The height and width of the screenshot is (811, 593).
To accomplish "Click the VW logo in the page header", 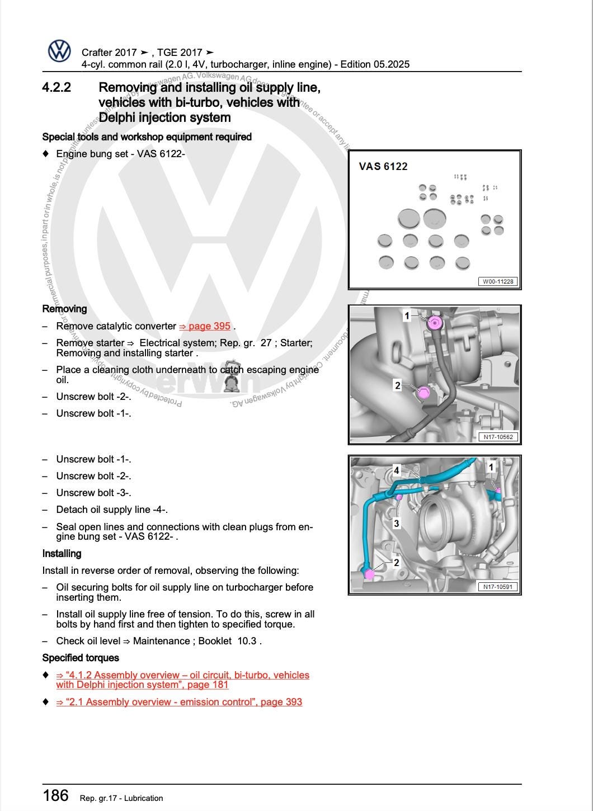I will tap(59, 51).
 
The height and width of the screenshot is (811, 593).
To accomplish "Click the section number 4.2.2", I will tap(57, 88).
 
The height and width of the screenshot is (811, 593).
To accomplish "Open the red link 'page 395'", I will tap(205, 326).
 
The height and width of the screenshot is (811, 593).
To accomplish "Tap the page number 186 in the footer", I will tap(55, 795).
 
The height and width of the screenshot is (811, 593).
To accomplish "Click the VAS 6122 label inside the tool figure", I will tap(383, 166).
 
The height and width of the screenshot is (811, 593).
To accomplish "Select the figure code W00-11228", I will tap(497, 281).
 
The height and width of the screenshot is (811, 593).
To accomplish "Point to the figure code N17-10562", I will tap(498, 437).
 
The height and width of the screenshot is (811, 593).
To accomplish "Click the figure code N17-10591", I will tap(498, 587).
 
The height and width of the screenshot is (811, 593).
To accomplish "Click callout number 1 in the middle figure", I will tap(407, 316).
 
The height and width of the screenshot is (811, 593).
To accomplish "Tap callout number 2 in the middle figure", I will tap(398, 385).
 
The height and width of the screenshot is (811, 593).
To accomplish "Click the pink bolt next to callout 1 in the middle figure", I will tap(434, 323).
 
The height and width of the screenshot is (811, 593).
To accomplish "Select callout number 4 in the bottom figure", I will tap(396, 470).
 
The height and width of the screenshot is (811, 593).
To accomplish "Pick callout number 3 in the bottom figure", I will tap(396, 524).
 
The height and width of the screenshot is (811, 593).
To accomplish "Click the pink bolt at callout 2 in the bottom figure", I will tap(369, 574).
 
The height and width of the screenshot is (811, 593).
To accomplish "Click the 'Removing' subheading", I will tap(64, 309).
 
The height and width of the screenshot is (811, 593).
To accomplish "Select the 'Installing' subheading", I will tap(62, 554).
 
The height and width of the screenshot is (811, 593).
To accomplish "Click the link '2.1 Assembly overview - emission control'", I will tap(179, 702).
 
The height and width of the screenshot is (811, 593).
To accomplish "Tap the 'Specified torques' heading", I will tap(81, 658).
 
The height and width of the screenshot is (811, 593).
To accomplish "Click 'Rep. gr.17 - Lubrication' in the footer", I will tap(121, 798).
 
